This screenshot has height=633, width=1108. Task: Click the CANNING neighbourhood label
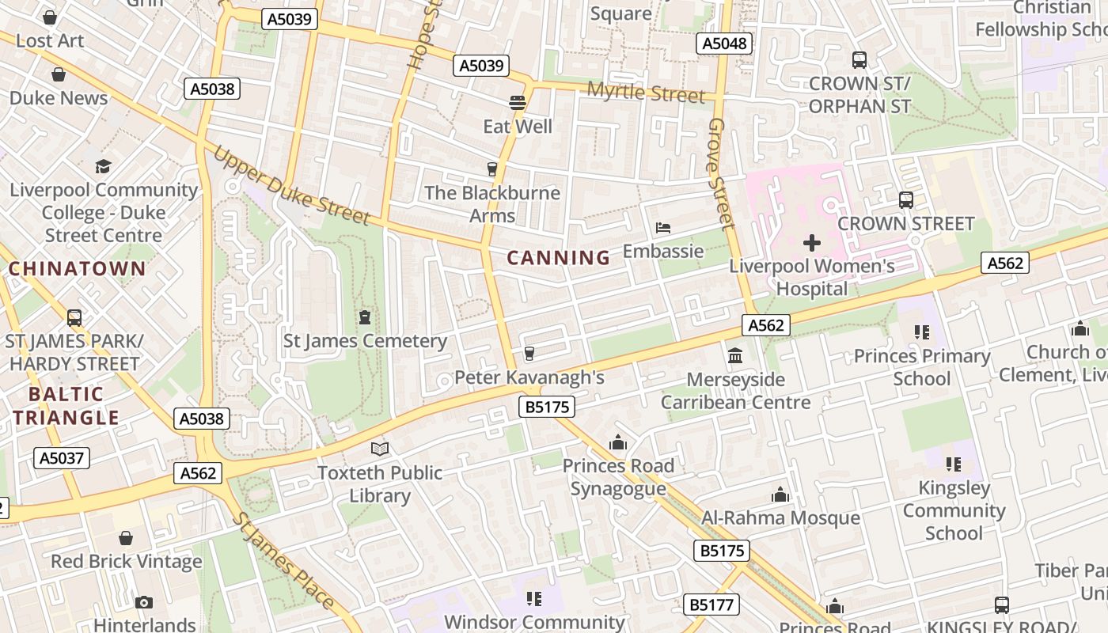tap(558, 257)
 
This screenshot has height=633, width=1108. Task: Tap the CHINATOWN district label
tap(77, 268)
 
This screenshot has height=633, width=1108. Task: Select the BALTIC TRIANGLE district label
tap(66, 406)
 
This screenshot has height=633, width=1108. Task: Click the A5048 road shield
tap(724, 43)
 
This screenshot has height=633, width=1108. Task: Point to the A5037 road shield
tap(62, 457)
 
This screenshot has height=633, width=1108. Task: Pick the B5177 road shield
tap(711, 605)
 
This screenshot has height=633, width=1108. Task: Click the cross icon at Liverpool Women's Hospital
tap(812, 243)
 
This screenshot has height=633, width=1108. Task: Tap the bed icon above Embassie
tap(663, 229)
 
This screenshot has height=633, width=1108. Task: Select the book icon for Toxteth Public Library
tap(380, 449)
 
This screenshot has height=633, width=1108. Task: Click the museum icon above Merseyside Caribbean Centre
tap(735, 356)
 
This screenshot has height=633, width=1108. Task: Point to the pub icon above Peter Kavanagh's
tap(529, 354)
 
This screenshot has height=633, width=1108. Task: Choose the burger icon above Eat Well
tap(518, 103)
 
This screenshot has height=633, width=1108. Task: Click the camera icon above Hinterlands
tap(144, 602)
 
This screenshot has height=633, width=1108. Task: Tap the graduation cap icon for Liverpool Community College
tap(103, 166)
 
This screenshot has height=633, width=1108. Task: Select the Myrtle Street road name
tap(645, 93)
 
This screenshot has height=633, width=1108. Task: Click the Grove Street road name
tap(721, 174)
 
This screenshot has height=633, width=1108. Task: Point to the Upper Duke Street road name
tap(290, 184)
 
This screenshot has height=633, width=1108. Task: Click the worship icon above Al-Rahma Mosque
tap(780, 495)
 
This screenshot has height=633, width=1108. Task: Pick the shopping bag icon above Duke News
tap(59, 75)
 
